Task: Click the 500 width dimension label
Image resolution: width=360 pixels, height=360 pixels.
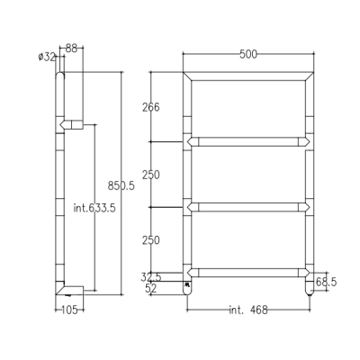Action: coord(248,54)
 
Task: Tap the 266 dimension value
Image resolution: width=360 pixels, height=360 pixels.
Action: coord(151,107)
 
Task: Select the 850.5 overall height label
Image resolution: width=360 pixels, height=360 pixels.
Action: coord(121,186)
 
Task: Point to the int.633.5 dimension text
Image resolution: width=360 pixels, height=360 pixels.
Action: coord(94,208)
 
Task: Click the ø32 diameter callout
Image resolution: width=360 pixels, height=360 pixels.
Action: coord(47,57)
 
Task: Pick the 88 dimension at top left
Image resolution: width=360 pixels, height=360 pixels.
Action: coord(71,49)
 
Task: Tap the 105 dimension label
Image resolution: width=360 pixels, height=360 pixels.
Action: coord(69,310)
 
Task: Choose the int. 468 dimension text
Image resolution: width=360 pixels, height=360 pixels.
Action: coord(248,310)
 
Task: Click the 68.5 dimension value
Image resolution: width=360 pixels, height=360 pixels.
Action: coord(326,282)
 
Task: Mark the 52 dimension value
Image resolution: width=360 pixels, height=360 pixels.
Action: coord(151,289)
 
